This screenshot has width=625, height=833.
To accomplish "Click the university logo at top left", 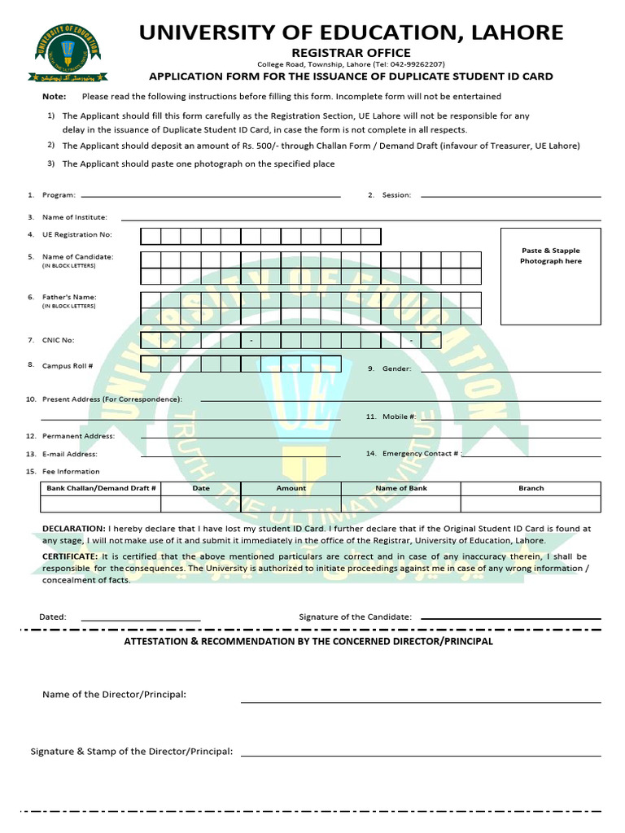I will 68,53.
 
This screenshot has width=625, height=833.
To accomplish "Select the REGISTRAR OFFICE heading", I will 351,53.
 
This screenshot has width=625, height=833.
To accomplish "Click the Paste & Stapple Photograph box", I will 551,277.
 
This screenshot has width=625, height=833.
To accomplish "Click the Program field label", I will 59,195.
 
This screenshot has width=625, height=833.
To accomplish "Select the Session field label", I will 396,195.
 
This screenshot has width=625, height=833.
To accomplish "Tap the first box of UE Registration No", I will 151,237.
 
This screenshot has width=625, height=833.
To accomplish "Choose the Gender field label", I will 396,369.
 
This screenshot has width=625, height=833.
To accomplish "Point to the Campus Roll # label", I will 68,366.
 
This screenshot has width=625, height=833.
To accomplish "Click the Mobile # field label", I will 400,416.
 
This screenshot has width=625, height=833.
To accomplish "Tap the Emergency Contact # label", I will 421,453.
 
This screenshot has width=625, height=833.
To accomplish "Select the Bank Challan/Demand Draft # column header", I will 101,488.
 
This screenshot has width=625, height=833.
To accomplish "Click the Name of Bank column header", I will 400,488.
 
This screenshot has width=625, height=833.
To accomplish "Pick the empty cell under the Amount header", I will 291,504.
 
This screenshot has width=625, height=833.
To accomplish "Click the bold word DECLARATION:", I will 73,529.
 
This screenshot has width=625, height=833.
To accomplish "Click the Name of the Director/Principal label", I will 114,695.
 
